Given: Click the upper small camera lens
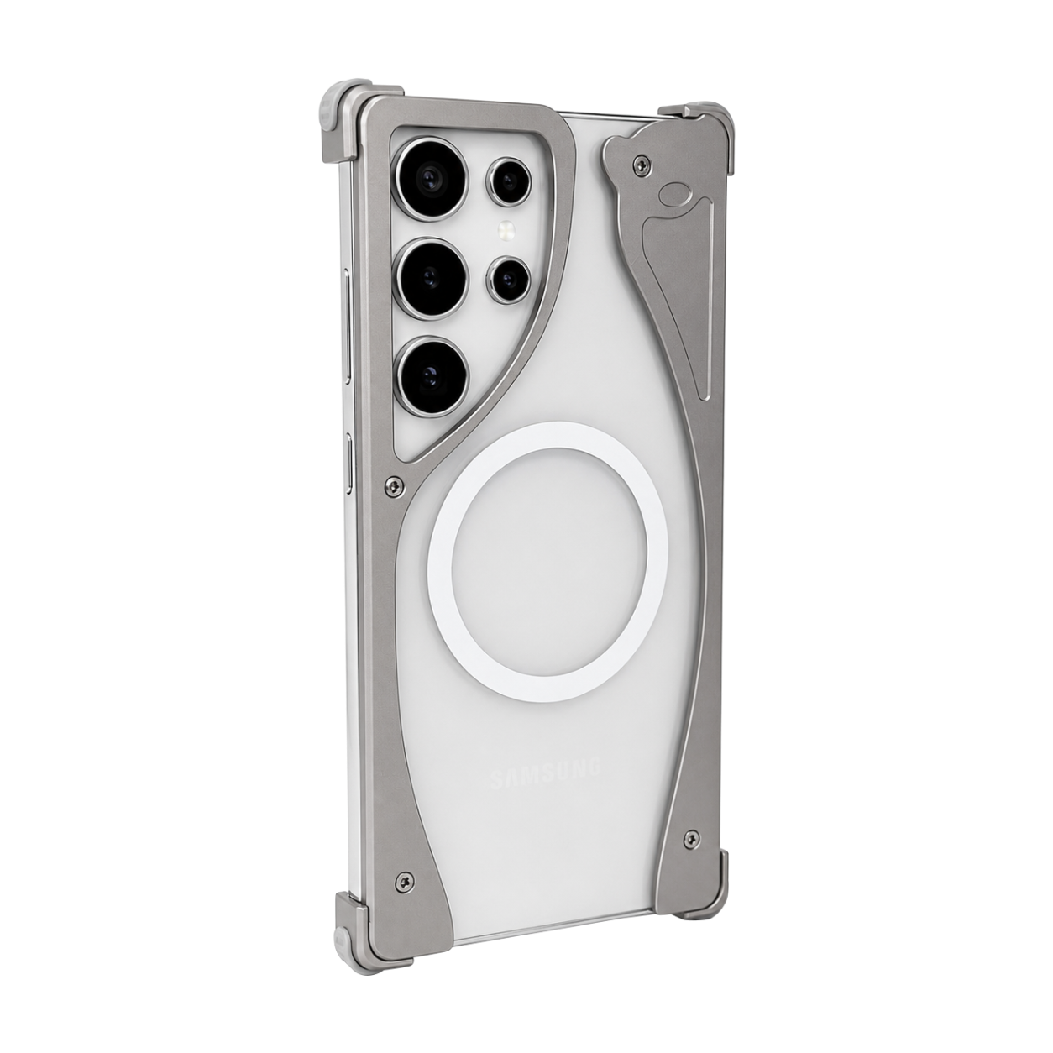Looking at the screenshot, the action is [x=509, y=181].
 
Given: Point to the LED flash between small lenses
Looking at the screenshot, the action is [x=508, y=231].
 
